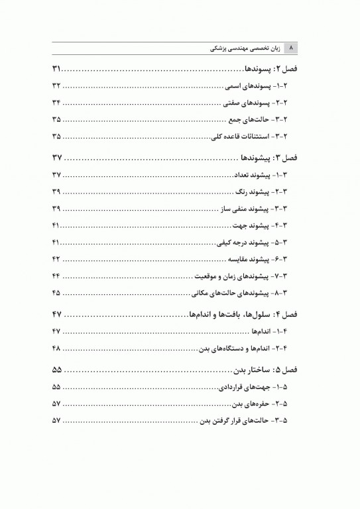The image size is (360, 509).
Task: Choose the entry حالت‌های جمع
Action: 263,120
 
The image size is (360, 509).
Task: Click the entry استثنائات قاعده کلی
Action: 255,137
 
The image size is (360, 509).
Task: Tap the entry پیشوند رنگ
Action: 265,192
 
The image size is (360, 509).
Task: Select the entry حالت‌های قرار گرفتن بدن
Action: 249,420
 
